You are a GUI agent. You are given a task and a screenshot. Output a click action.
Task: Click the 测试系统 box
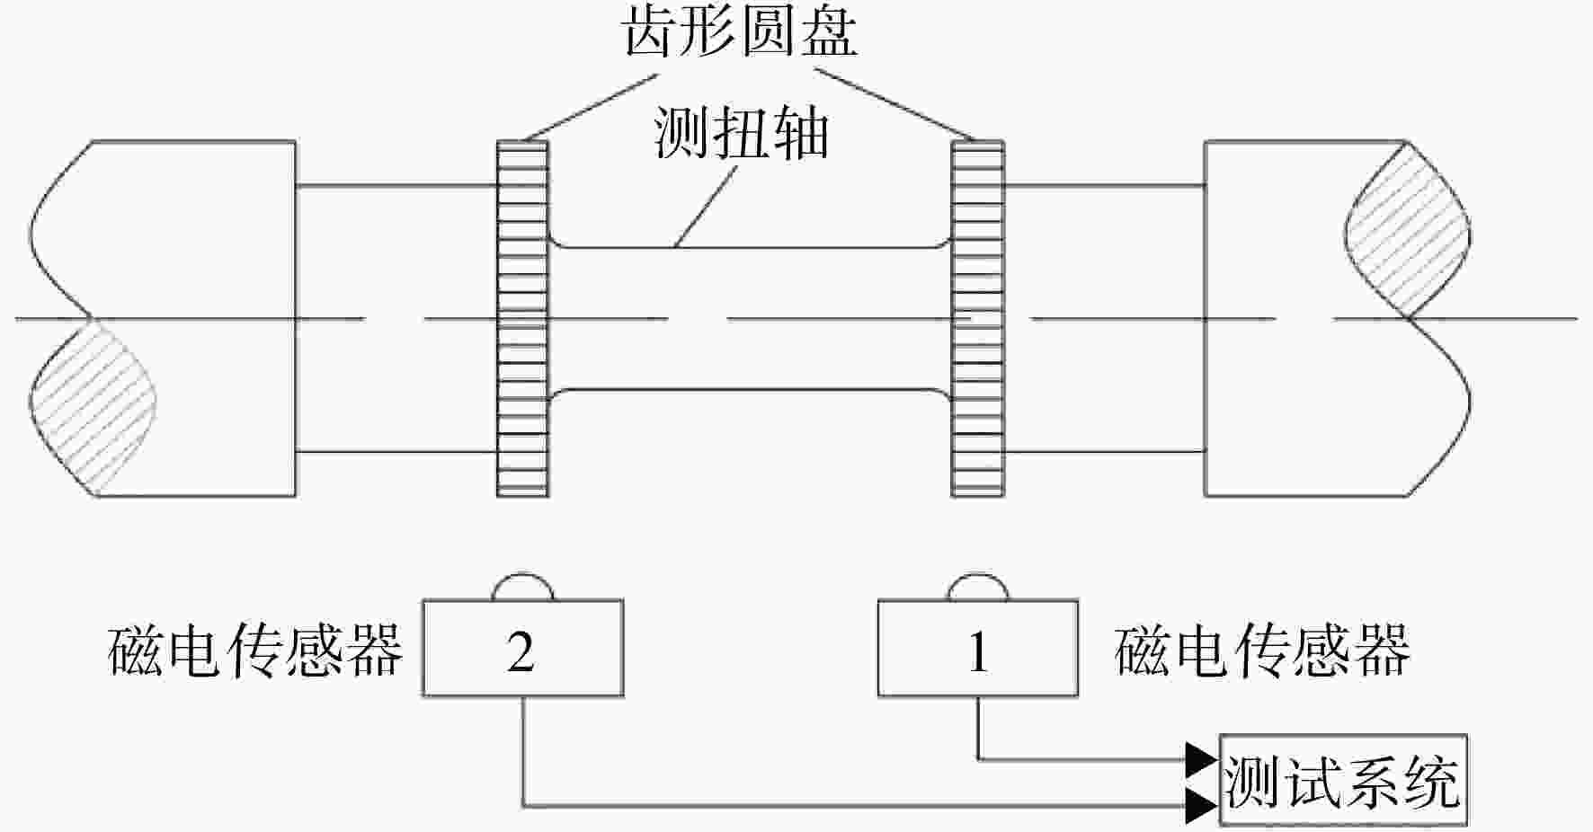1343,780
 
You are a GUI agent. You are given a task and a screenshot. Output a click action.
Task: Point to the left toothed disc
522,318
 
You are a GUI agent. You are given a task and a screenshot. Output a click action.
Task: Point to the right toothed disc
978,318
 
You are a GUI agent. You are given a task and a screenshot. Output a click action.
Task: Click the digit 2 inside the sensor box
521,651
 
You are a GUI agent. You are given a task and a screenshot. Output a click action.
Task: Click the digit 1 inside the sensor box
978,651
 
